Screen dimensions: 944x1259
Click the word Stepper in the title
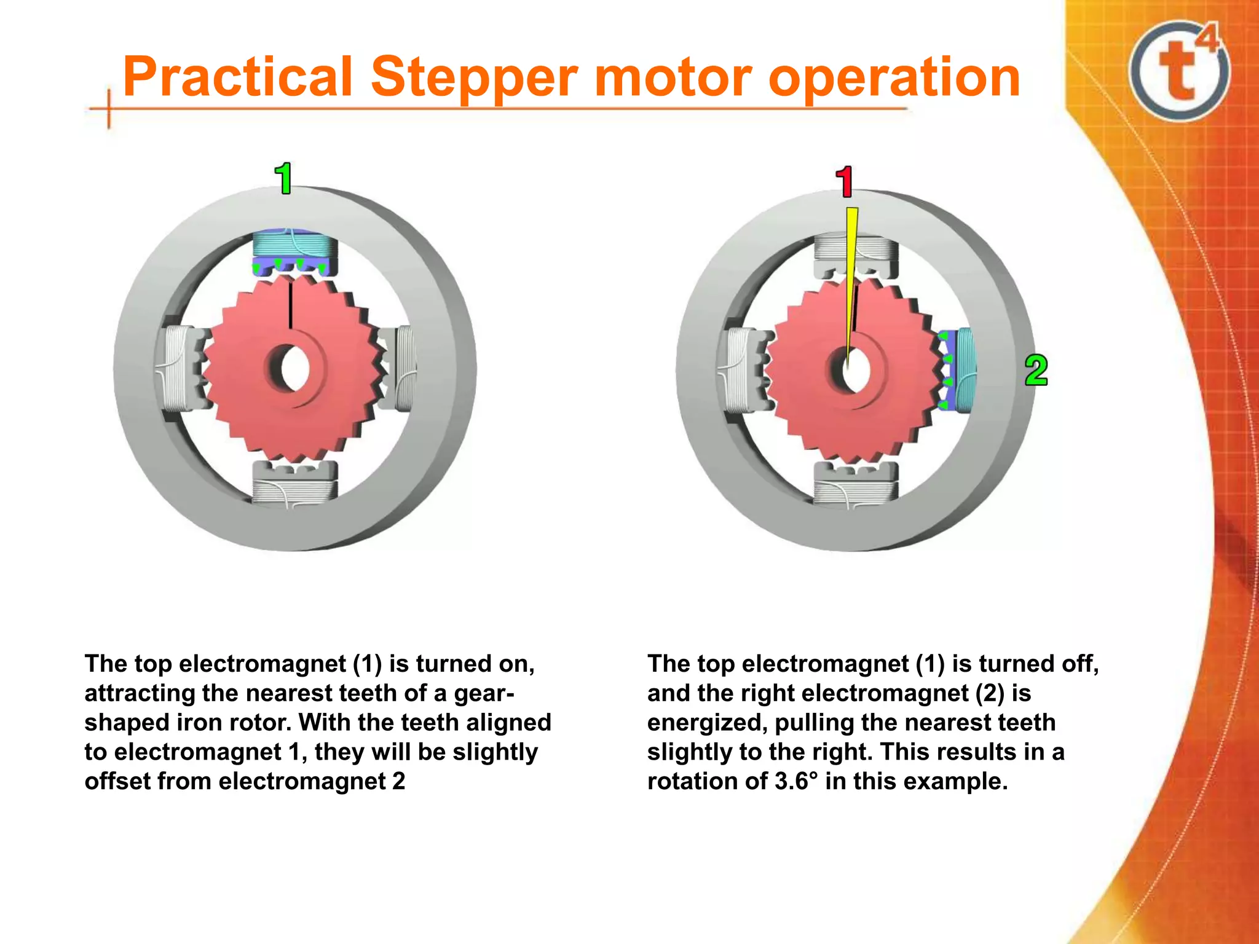(474, 78)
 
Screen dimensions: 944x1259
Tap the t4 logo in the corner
(1180, 71)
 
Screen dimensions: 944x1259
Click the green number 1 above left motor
(283, 179)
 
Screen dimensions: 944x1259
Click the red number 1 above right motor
(845, 182)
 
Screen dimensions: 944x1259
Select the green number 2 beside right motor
(1036, 371)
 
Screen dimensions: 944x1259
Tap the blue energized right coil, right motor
(955, 370)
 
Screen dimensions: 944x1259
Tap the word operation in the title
(894, 78)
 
